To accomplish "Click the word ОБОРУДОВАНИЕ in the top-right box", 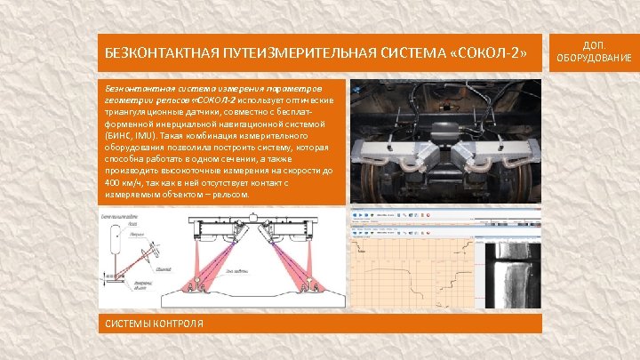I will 594,59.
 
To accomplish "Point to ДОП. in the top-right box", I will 594,45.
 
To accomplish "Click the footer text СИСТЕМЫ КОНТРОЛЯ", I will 155,323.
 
